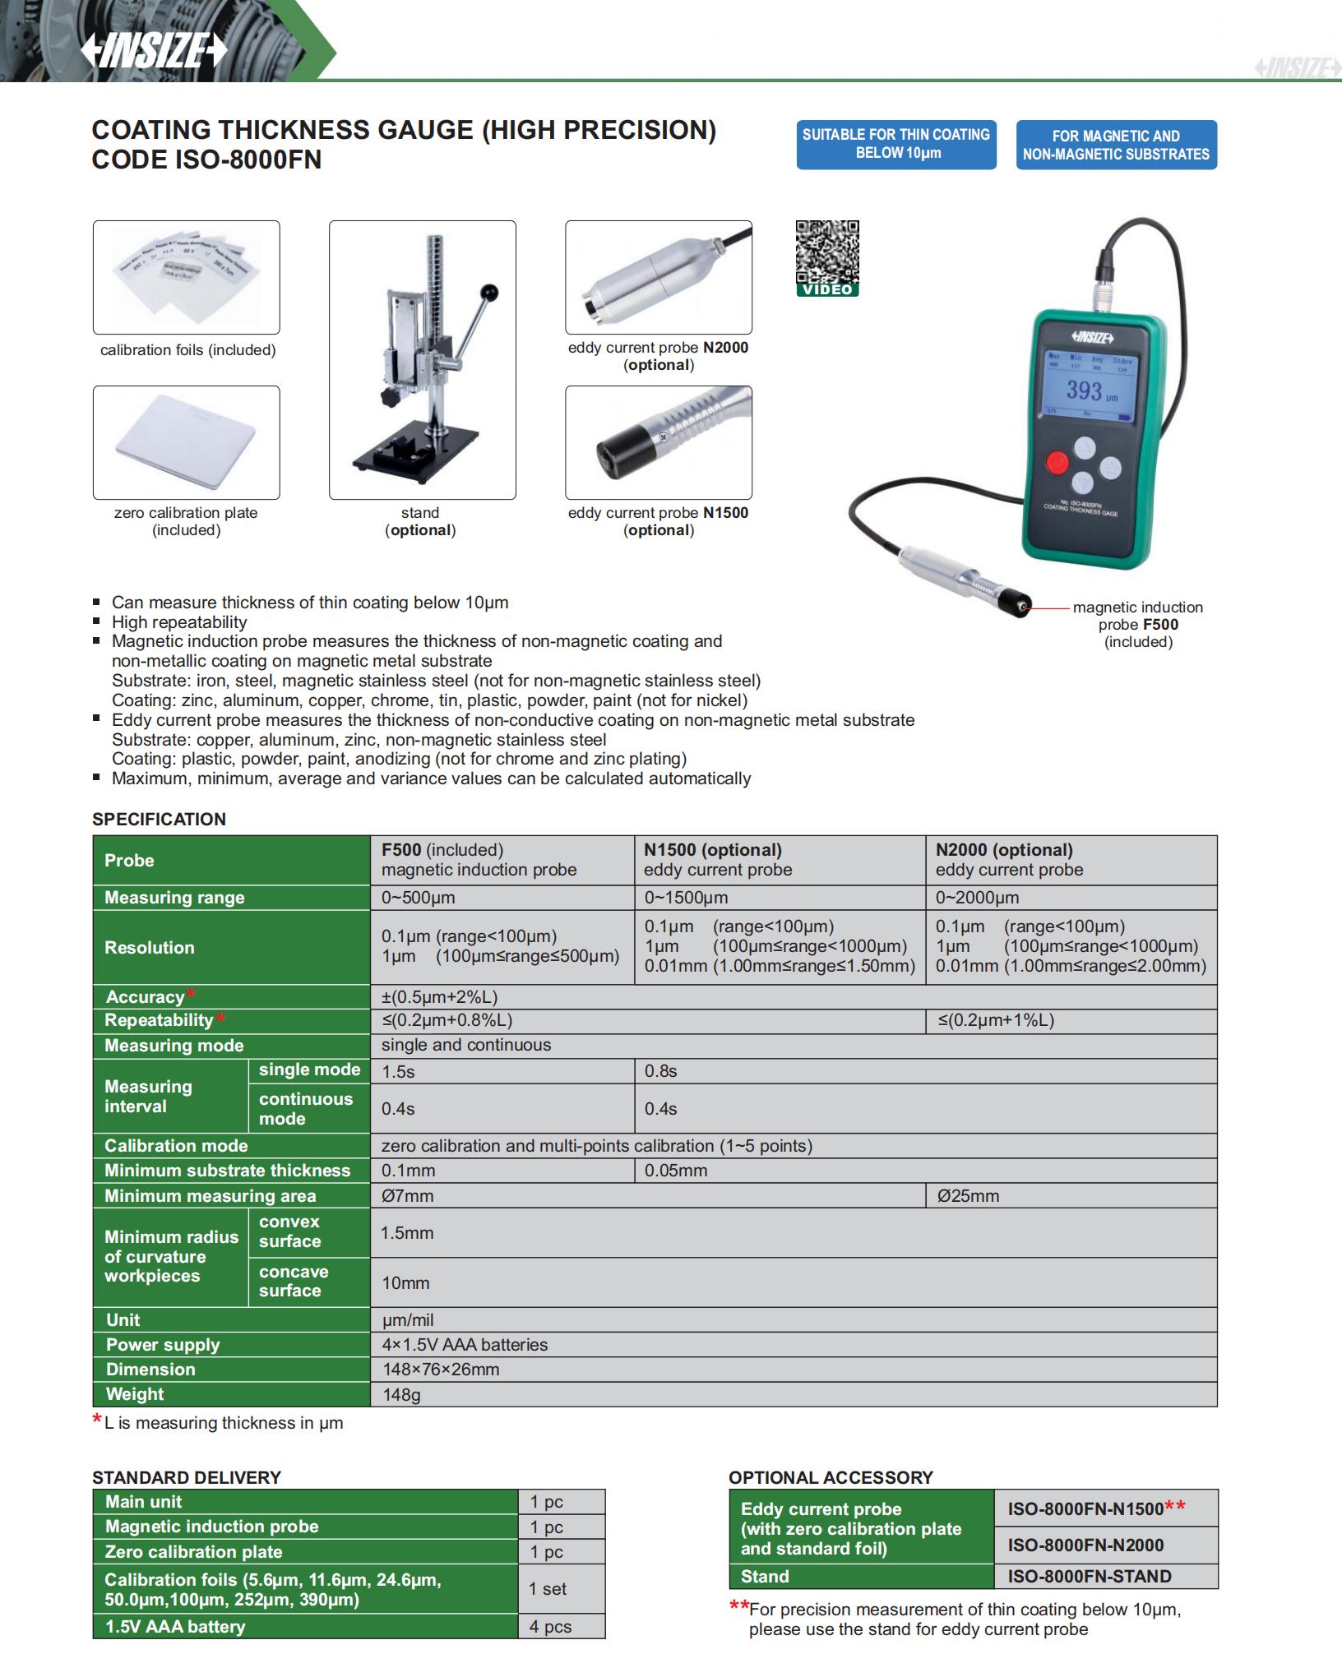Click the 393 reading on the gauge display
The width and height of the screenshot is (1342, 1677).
click(x=1085, y=390)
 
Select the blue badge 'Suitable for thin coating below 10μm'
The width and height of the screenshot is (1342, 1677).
click(x=896, y=145)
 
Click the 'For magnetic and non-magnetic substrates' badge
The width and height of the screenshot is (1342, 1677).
click(x=1116, y=146)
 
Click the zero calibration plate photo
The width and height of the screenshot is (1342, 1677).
click(x=186, y=442)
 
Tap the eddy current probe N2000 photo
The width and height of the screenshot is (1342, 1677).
click(x=658, y=277)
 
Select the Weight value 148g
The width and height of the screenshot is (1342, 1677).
click(x=401, y=1395)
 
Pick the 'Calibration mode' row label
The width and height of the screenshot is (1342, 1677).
click(x=176, y=1146)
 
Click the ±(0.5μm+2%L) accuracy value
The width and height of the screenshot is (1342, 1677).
click(x=439, y=997)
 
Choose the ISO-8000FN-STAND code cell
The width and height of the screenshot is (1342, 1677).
click(x=1090, y=1576)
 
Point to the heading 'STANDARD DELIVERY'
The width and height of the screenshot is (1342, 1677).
click(x=187, y=1477)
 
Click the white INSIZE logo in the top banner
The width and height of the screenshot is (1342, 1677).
click(x=153, y=52)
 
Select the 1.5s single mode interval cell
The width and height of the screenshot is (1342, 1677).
click(x=399, y=1072)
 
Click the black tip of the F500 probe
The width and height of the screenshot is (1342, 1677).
click(x=1019, y=608)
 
